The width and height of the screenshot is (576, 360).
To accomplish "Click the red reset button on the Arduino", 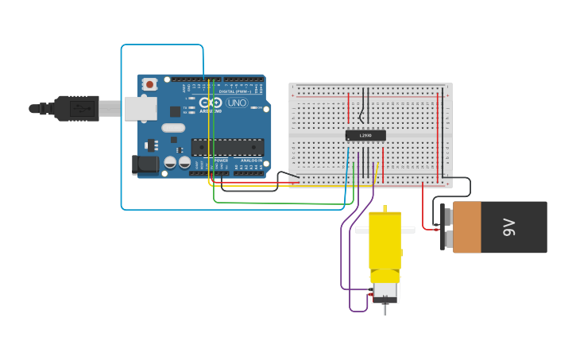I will click(149, 83).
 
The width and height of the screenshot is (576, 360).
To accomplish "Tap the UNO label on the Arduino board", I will click(238, 103).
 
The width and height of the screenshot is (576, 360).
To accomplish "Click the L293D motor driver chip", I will click(365, 135).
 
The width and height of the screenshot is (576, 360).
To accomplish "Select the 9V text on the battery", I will click(509, 227).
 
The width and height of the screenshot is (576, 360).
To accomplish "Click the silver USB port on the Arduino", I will click(141, 108).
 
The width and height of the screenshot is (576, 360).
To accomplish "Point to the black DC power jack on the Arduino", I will click(144, 165).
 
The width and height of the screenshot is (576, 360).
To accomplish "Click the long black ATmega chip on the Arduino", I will click(227, 147).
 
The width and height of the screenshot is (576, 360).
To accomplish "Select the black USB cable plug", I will click(76, 108).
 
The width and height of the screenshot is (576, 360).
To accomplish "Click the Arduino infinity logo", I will click(210, 103).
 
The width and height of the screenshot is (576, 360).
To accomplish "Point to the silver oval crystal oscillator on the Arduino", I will click(172, 128).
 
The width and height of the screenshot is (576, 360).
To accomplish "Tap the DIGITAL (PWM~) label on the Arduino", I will click(235, 91).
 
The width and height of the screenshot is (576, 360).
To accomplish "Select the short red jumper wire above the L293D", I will click(348, 108).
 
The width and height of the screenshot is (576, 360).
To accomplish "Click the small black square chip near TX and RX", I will click(176, 112).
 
